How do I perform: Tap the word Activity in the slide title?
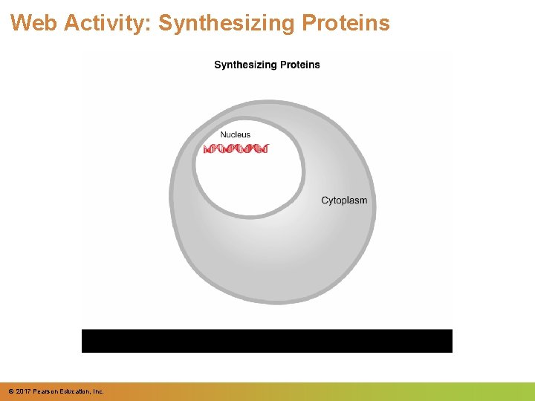click(x=107, y=23)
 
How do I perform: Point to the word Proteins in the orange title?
click(x=346, y=23)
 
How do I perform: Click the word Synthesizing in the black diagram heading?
click(x=247, y=65)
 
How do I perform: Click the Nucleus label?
click(x=236, y=135)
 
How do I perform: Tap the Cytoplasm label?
click(x=344, y=200)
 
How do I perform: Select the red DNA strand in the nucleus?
click(x=236, y=149)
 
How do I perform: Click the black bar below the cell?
click(x=267, y=340)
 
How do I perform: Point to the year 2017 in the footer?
click(x=22, y=391)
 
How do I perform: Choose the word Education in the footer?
click(x=75, y=391)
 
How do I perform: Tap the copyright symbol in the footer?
click(x=10, y=391)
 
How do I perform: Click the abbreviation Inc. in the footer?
click(x=98, y=391)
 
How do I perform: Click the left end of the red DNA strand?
click(x=206, y=149)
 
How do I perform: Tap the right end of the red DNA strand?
click(x=265, y=149)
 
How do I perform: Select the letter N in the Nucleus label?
click(x=223, y=135)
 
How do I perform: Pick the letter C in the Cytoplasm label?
click(x=325, y=200)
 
